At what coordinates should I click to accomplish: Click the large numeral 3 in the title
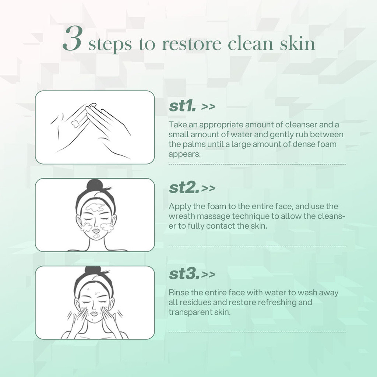click(73, 38)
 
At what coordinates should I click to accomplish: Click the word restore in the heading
click(191, 44)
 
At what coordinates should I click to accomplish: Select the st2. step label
click(184, 187)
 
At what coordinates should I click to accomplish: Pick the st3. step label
click(184, 274)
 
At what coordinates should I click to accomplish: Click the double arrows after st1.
click(208, 107)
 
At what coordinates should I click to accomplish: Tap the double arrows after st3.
click(208, 274)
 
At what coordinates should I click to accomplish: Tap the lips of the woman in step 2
click(96, 231)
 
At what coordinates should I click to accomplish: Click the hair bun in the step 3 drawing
click(93, 271)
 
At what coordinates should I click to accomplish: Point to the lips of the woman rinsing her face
click(94, 314)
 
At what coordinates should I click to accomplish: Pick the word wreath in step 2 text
click(182, 216)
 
